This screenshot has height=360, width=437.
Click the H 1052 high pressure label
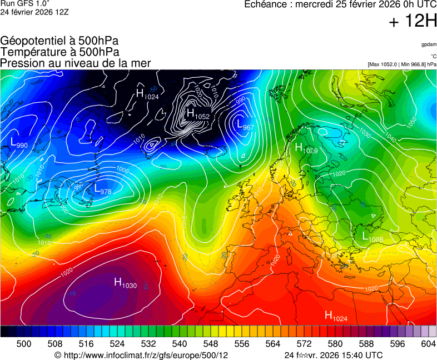[x=198, y=114]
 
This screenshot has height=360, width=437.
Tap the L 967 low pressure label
[x=245, y=126]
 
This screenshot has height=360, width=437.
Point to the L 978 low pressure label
[x=103, y=190]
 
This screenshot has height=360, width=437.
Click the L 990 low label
[x=19, y=143]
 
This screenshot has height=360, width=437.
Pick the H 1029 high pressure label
[x=306, y=148]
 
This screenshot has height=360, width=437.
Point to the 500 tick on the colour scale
[x=24, y=344]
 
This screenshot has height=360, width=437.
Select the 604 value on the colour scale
[x=428, y=344]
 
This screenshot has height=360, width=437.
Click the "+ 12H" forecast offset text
[x=413, y=22]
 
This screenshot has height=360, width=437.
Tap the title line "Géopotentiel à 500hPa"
[x=59, y=41]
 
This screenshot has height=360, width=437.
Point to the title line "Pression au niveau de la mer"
[x=76, y=63]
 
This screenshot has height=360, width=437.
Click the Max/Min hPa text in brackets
[x=402, y=64]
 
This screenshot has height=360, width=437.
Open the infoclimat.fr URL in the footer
[x=142, y=355]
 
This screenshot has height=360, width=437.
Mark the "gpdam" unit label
[x=429, y=44]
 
